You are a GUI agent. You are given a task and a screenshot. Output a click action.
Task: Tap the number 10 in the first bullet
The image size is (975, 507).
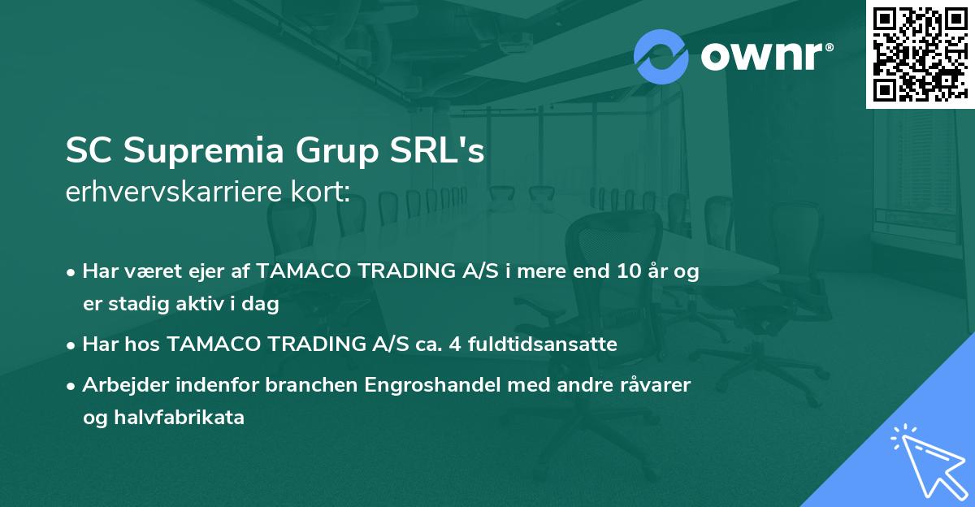(621, 273)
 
